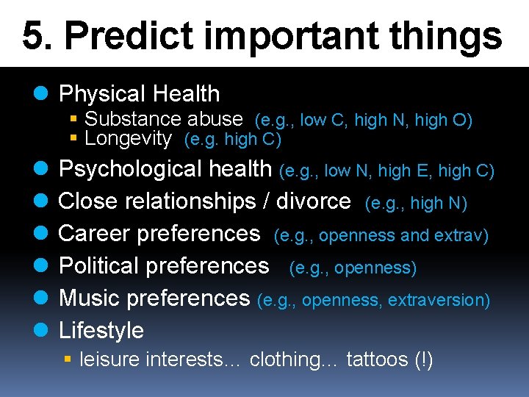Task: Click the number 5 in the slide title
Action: point(32,35)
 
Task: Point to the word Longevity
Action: point(128,138)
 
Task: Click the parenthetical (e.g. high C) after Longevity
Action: point(232,139)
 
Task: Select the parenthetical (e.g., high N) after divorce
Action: point(416,202)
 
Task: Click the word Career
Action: point(95,234)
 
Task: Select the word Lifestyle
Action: point(101,330)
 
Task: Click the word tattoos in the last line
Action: point(376,360)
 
